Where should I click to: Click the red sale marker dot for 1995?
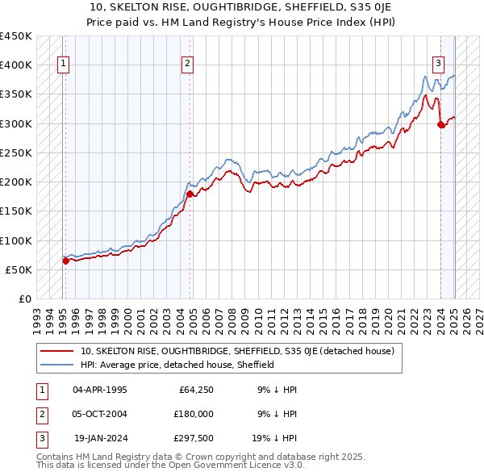click(x=65, y=261)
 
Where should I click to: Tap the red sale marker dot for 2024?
click(x=441, y=124)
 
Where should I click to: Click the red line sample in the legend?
click(x=57, y=351)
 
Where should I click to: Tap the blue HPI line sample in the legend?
click(x=57, y=365)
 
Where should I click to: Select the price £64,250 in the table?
click(x=195, y=389)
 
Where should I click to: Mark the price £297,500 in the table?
click(x=193, y=437)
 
